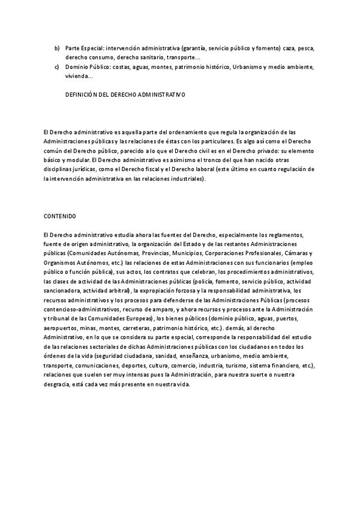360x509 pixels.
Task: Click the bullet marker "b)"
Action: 57,47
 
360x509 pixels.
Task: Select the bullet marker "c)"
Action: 57,67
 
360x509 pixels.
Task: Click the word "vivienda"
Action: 78,76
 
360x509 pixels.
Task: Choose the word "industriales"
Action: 185,179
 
